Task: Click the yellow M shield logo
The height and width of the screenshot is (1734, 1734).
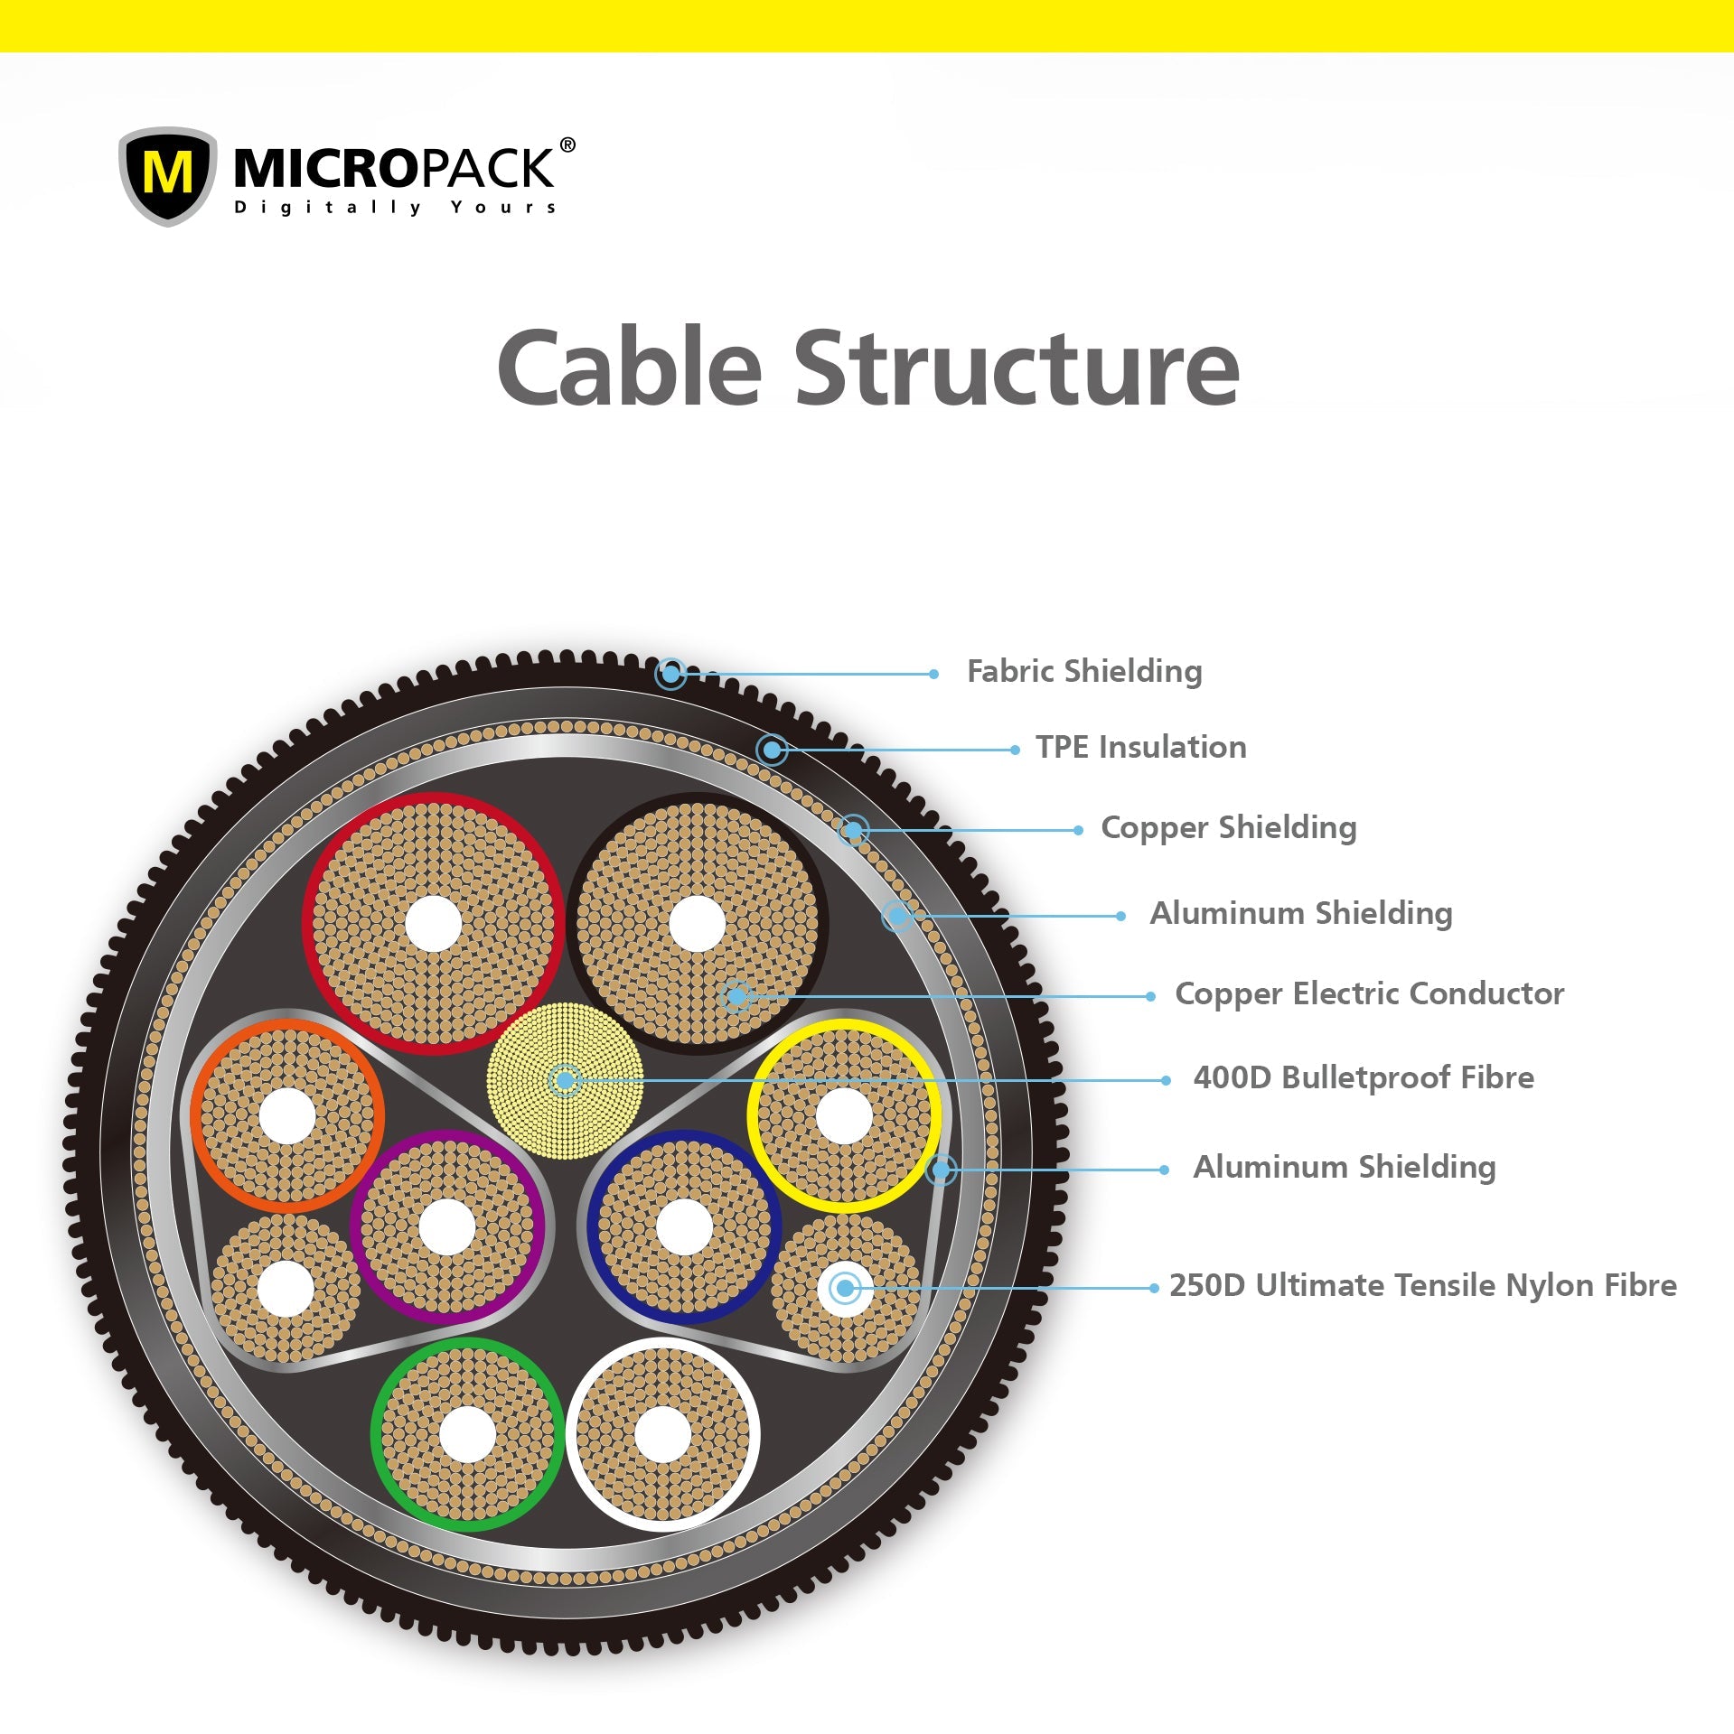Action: click(x=167, y=174)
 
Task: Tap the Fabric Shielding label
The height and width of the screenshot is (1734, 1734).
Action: click(x=1083, y=672)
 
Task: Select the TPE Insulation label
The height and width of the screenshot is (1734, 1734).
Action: click(x=1140, y=748)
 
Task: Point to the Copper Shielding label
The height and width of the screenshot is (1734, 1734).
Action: click(x=1228, y=828)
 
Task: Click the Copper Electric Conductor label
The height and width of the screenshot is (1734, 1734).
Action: click(x=1369, y=993)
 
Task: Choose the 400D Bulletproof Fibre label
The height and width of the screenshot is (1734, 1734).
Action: click(x=1363, y=1077)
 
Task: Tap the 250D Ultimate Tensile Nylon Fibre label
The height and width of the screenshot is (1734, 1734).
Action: click(x=1422, y=1285)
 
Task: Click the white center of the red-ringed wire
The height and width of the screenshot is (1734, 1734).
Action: click(x=434, y=923)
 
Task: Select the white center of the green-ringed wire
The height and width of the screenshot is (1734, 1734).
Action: click(x=467, y=1434)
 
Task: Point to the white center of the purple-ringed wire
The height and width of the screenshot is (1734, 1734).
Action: click(x=447, y=1227)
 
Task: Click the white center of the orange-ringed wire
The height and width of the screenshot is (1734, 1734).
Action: click(x=287, y=1116)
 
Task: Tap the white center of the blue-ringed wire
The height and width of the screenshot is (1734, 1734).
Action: click(x=684, y=1227)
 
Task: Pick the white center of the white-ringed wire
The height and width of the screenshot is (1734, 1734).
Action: click(x=662, y=1434)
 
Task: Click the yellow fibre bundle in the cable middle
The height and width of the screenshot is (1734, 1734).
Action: click(x=565, y=1080)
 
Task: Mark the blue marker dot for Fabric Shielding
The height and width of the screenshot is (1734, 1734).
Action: click(x=670, y=673)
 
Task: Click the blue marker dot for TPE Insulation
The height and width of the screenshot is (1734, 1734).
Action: click(x=772, y=750)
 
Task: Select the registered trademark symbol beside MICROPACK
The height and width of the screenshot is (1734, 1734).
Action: click(x=567, y=144)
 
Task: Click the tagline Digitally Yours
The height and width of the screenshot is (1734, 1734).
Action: click(x=395, y=208)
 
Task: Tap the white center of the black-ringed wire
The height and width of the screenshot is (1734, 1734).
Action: click(x=697, y=924)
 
